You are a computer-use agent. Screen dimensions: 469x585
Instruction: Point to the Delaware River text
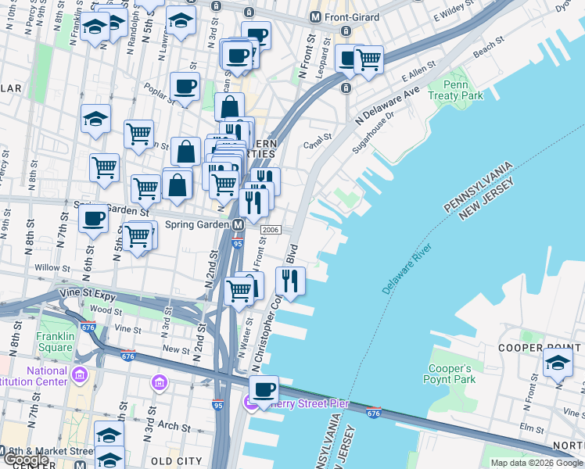407,270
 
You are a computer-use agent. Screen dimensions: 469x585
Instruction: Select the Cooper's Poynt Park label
451,374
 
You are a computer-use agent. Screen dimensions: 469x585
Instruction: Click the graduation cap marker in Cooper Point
558,363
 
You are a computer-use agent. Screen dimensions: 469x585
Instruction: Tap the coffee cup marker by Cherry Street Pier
264,388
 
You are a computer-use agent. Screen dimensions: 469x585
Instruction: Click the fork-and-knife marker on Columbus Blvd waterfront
290,280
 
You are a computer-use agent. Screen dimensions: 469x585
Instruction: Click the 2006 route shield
271,230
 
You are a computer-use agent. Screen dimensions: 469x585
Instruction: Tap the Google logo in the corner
25,461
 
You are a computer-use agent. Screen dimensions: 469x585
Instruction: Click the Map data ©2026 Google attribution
537,463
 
